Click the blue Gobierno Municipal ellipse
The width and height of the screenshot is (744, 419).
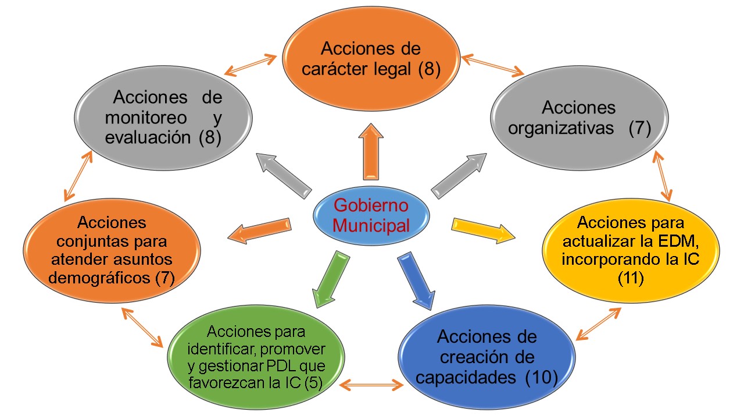[x=371, y=216]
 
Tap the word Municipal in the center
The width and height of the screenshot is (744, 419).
[x=371, y=226]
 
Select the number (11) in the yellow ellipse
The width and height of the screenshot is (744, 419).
[x=631, y=278]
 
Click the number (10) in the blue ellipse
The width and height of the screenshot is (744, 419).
[x=541, y=378]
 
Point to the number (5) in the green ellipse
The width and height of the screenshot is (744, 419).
[x=313, y=383]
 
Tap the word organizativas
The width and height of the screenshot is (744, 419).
[x=561, y=129]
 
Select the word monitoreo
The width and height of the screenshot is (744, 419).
[x=146, y=118]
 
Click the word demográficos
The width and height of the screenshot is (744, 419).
[x=99, y=278]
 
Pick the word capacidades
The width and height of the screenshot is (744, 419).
[x=466, y=378]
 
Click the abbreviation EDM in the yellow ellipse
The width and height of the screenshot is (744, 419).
[x=678, y=241]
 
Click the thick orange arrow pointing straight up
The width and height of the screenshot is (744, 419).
[x=371, y=152]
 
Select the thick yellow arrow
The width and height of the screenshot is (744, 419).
[x=483, y=230]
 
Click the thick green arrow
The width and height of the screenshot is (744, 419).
[x=331, y=279]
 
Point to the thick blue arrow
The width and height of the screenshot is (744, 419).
[x=417, y=281]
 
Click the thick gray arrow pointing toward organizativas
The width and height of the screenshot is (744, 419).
[x=459, y=176]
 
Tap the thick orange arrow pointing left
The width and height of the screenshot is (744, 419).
[x=259, y=231]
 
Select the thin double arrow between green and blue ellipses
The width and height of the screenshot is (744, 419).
[x=371, y=385]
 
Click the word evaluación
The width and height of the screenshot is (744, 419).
[x=148, y=138]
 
